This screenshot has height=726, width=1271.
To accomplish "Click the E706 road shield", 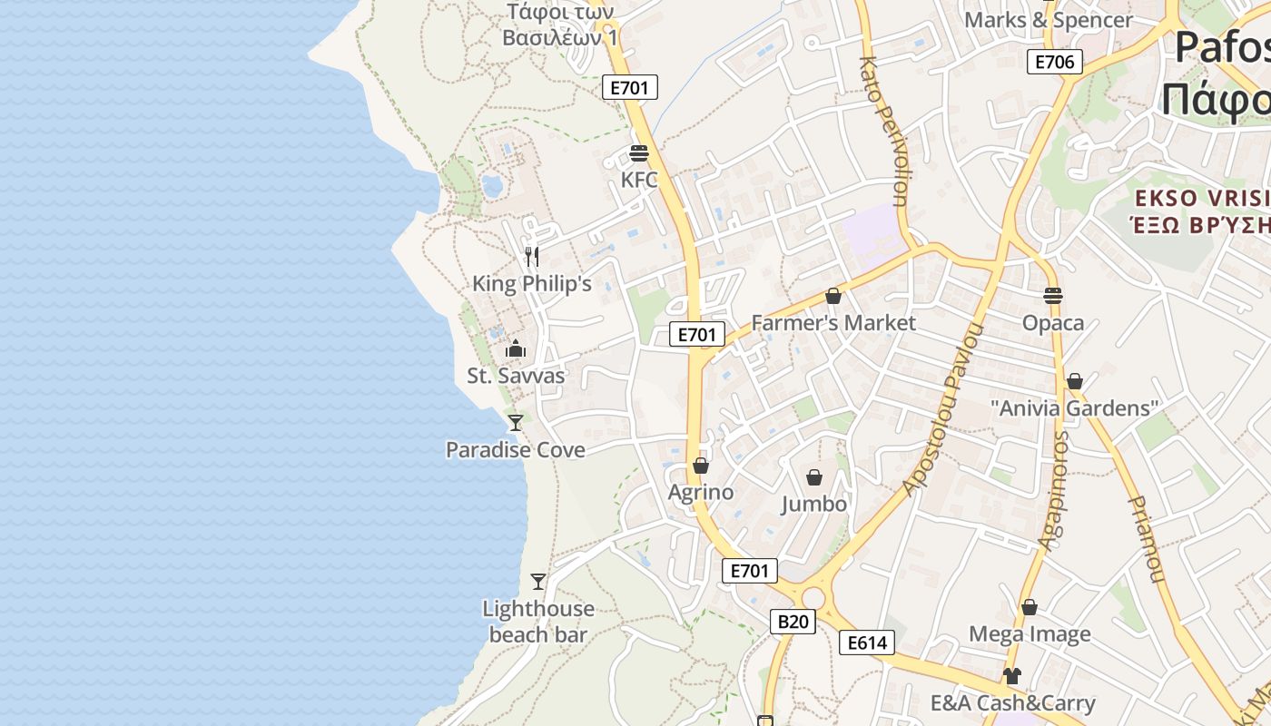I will tap(1055, 62).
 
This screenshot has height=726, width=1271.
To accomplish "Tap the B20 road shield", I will tap(793, 622).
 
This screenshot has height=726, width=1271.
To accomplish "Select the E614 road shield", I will tap(866, 643).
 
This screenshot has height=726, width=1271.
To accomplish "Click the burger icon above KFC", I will tap(639, 152).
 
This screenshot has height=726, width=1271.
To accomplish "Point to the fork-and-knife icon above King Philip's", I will tap(532, 257).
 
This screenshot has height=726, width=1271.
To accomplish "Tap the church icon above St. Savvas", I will tap(515, 348).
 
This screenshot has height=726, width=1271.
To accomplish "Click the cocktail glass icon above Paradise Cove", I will tap(515, 422).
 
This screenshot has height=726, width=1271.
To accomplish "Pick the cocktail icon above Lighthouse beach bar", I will tap(538, 582).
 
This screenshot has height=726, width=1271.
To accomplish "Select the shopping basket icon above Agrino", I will tap(700, 466).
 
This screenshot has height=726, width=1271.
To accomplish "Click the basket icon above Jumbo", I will tap(814, 477).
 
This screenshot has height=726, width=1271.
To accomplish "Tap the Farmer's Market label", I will tap(833, 323).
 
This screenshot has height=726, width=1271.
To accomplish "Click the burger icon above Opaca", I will tap(1053, 296).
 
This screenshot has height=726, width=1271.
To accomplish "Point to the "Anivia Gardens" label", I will tap(1074, 408).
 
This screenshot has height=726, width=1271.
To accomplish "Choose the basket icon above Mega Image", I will tap(1029, 607).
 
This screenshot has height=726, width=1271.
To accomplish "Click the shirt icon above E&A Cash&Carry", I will tap(1011, 676).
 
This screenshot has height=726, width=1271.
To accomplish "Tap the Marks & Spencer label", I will tap(1049, 20).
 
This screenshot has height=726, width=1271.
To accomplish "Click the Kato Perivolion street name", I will tap(883, 132).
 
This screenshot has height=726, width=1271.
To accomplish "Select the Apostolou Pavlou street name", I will tap(944, 409).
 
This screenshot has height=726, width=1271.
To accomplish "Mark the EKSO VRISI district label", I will tap(1202, 199).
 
